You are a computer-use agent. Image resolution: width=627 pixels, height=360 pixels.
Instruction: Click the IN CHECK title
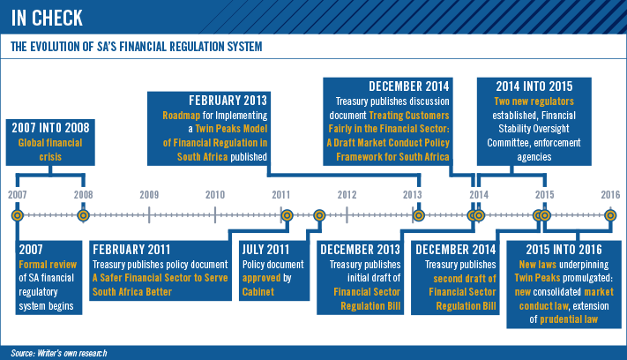point(47,18)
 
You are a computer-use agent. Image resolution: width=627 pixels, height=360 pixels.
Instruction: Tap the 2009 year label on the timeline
point(149,195)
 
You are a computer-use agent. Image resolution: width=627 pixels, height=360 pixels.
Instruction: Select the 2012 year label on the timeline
point(347,195)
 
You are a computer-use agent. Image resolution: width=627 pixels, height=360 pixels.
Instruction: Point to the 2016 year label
point(610,195)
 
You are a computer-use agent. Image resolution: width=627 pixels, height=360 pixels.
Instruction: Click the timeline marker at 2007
point(17,215)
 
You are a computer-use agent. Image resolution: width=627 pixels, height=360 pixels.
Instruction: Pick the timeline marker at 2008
point(83,215)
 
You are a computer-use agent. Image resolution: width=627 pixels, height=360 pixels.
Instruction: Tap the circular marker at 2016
point(610,215)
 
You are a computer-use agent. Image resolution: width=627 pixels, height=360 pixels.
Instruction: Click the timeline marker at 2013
point(419,215)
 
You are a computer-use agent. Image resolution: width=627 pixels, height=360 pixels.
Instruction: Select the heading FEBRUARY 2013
point(228,101)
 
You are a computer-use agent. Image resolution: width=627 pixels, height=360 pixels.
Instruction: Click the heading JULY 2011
point(265,250)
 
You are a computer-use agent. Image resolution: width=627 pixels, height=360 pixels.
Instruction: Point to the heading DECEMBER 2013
point(360,250)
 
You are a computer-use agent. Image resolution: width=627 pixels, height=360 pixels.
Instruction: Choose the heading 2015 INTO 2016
point(564,250)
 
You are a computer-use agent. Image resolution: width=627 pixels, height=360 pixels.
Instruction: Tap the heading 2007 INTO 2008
point(50,128)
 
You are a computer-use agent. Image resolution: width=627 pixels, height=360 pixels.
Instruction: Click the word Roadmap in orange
point(181,116)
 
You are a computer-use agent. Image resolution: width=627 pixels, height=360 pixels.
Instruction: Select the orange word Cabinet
point(258,292)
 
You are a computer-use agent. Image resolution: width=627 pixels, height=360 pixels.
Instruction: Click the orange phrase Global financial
point(50,143)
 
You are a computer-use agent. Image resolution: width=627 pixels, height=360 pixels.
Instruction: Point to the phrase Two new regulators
point(534,101)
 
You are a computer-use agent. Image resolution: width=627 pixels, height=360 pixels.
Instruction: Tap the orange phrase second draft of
point(465,279)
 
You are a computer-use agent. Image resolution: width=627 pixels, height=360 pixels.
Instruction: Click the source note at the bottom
point(59,353)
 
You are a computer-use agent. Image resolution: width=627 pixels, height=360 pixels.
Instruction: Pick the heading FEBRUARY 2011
point(131,250)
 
